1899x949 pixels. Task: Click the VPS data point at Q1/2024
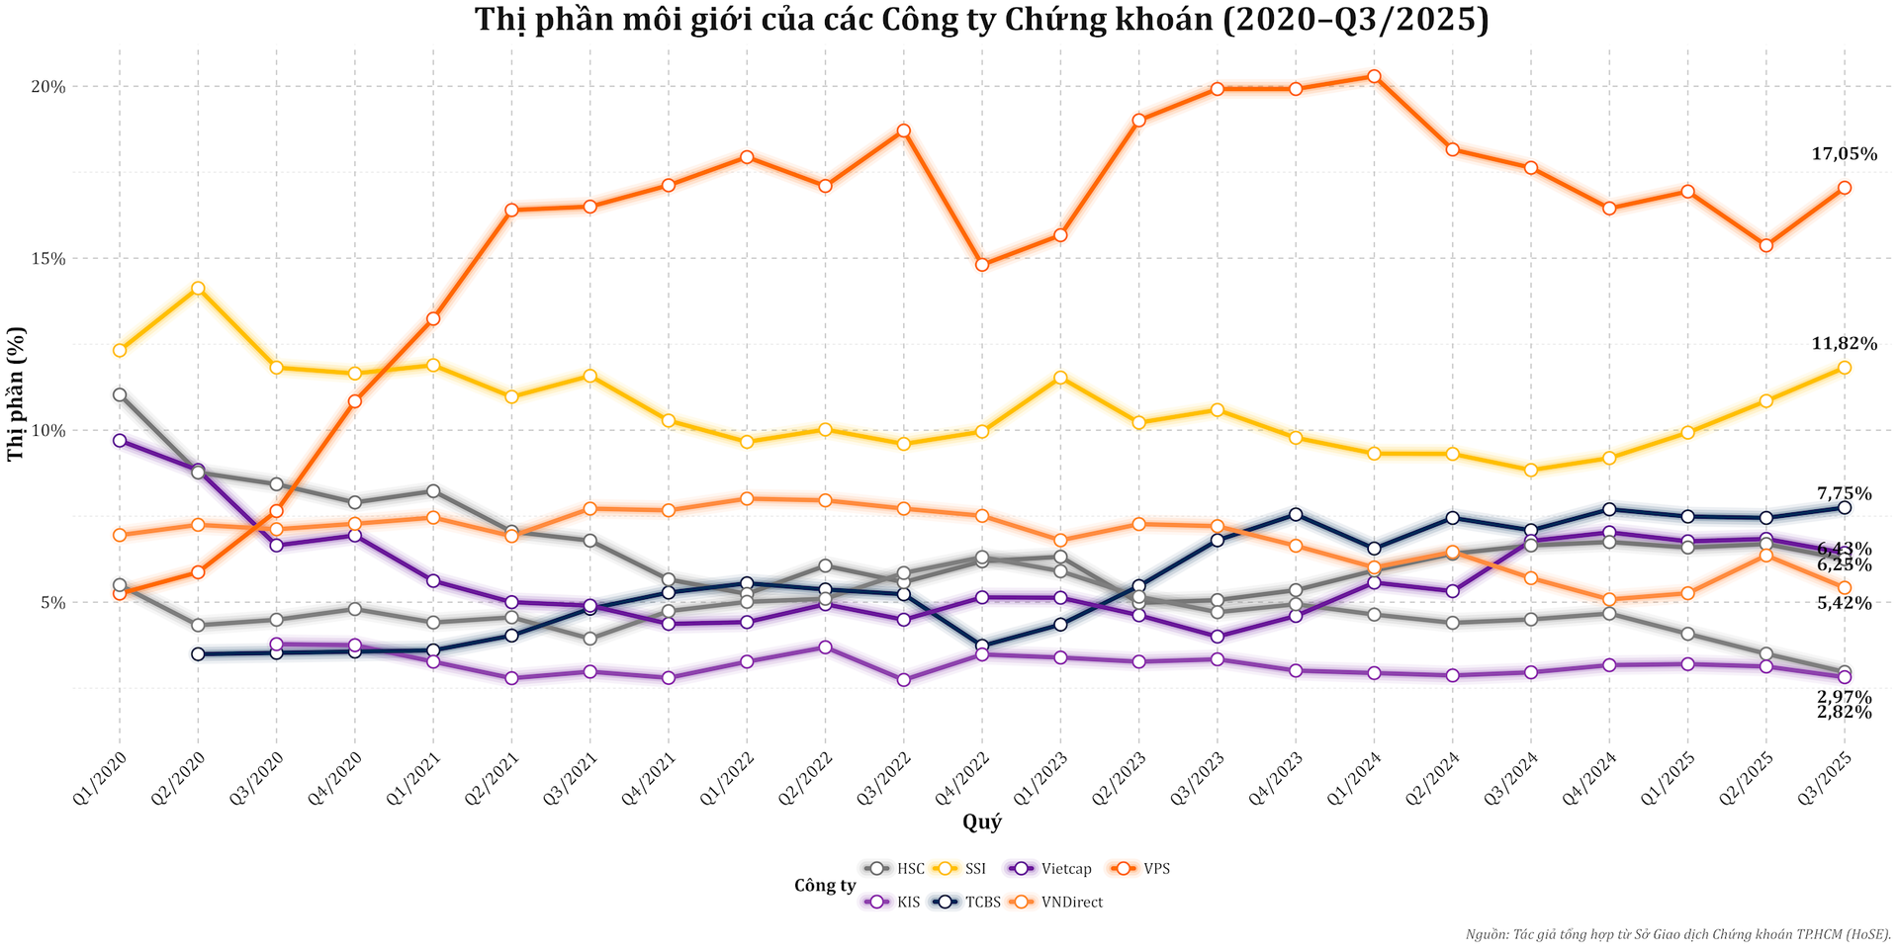1374,76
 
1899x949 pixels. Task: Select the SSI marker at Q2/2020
198,289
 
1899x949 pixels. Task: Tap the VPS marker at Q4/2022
982,265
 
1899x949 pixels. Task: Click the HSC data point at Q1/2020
120,394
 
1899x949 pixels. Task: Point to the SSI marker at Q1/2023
1060,378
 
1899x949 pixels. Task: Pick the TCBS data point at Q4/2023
1296,514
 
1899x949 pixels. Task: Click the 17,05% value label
1844,154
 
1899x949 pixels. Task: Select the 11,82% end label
1844,344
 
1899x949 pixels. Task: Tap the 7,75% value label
1844,493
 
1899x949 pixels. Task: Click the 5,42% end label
1844,603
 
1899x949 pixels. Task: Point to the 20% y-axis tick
48,87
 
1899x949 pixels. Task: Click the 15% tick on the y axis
48,259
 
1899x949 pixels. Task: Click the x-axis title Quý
981,822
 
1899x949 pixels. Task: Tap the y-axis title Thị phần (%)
16,393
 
